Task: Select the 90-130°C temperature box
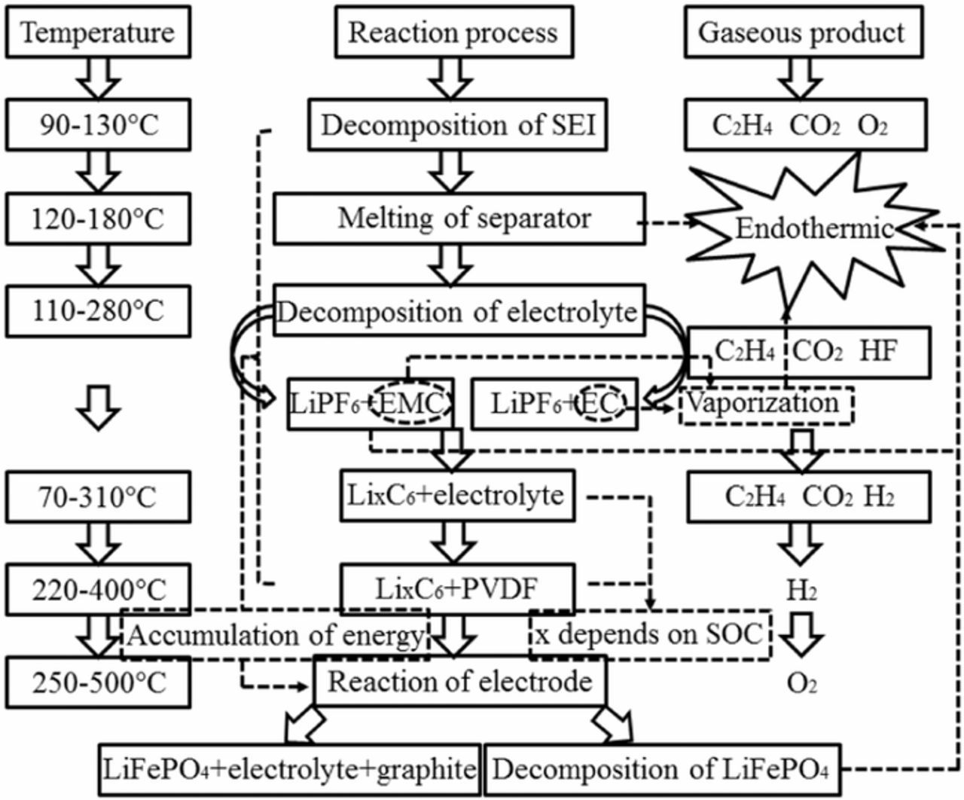[x=98, y=125]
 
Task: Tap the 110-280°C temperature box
[x=98, y=310]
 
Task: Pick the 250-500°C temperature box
[x=98, y=682]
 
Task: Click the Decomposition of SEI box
[x=458, y=125]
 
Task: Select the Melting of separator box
[x=459, y=219]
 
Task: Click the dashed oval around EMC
[x=413, y=405]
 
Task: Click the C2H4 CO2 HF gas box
[x=809, y=351]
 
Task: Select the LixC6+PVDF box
[x=457, y=589]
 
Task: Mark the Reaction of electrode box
[x=459, y=682]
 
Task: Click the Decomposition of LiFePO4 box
[x=661, y=770]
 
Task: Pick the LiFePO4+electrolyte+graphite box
[x=290, y=770]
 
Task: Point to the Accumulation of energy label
[x=276, y=636]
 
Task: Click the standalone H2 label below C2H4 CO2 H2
[x=801, y=591]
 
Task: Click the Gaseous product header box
[x=803, y=33]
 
